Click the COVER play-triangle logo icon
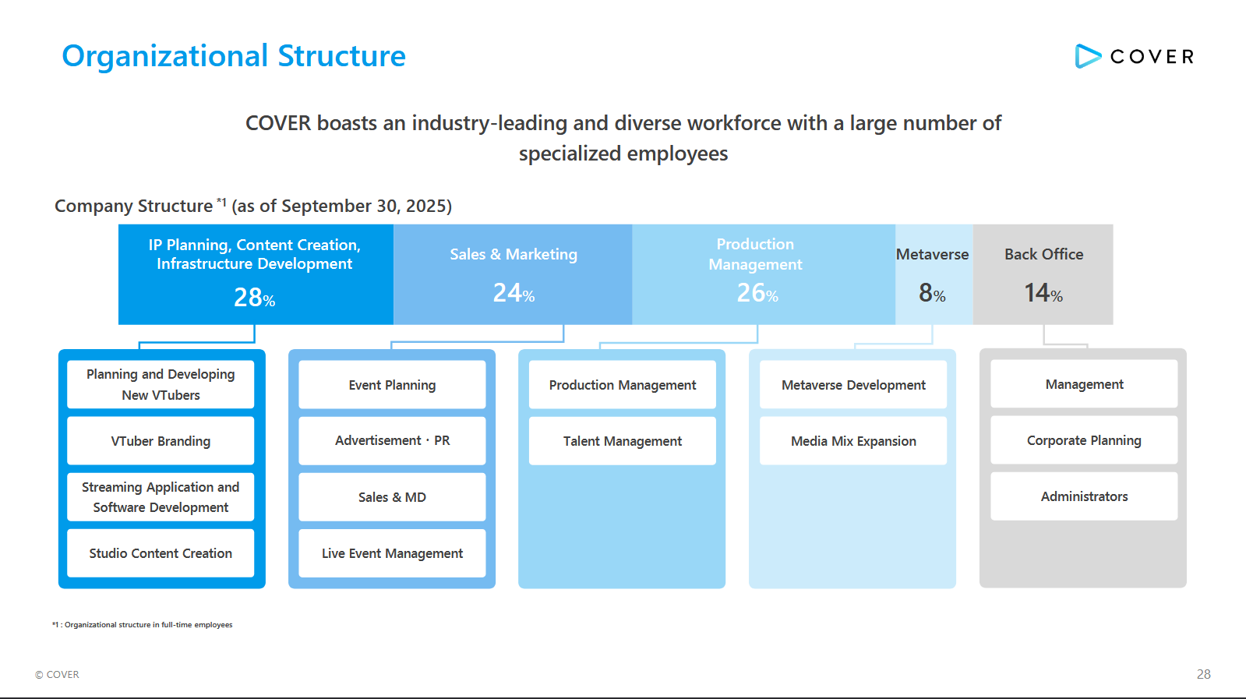[1087, 56]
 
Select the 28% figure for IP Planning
[254, 298]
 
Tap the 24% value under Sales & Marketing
[514, 293]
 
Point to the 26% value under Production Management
[757, 293]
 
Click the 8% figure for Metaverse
[932, 293]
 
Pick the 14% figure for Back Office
[1043, 293]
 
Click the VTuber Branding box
[161, 441]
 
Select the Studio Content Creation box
[161, 553]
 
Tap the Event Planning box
[392, 385]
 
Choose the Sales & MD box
[392, 497]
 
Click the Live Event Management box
[392, 553]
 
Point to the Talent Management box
[622, 441]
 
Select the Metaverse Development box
[853, 385]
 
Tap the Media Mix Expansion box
[853, 441]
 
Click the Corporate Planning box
[1084, 440]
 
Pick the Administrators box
[1084, 496]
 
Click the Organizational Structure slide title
[234, 56]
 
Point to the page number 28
[1203, 674]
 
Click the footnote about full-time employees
[143, 625]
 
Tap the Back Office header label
[1043, 254]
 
